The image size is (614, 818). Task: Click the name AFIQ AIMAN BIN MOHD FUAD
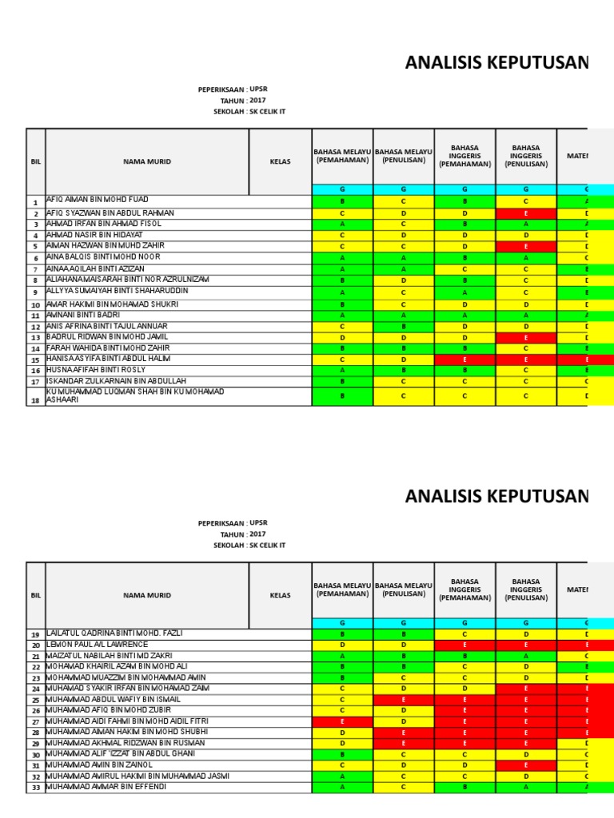click(x=97, y=199)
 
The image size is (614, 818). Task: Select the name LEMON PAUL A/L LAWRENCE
click(x=97, y=644)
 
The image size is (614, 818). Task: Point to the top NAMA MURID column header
click(x=147, y=161)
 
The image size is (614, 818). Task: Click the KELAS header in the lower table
click(x=280, y=595)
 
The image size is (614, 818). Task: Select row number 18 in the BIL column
click(x=35, y=400)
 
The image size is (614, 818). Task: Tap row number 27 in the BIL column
click(x=35, y=721)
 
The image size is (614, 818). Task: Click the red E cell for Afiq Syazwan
click(x=525, y=214)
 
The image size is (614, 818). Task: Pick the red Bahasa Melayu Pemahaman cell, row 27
click(x=342, y=721)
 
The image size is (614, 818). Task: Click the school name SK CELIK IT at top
click(x=267, y=111)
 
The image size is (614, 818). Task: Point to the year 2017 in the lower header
click(x=257, y=534)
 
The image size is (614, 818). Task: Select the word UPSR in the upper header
click(x=257, y=89)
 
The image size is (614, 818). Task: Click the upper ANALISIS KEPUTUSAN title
click(x=496, y=63)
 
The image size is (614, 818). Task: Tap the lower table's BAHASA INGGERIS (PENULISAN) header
click(x=525, y=590)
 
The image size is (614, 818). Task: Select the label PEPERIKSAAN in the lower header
click(x=221, y=523)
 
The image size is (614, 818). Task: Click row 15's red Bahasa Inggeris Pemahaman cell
click(x=464, y=360)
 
